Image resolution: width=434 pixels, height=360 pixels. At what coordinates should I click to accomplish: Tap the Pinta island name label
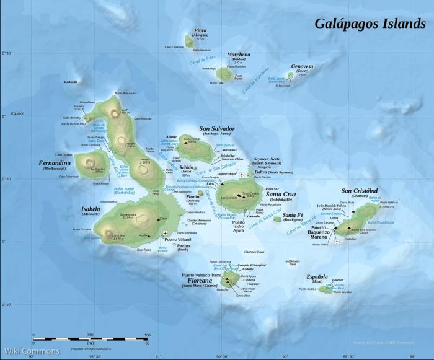click(200, 30)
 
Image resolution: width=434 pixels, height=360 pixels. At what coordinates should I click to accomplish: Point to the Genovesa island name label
click(302, 66)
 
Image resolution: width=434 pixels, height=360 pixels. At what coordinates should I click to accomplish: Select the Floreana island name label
click(200, 280)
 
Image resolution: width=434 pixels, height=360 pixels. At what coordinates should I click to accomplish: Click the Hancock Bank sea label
click(254, 252)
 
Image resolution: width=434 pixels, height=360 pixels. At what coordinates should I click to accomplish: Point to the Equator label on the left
click(17, 113)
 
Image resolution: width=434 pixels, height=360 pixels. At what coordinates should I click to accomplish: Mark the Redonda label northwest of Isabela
click(71, 82)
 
